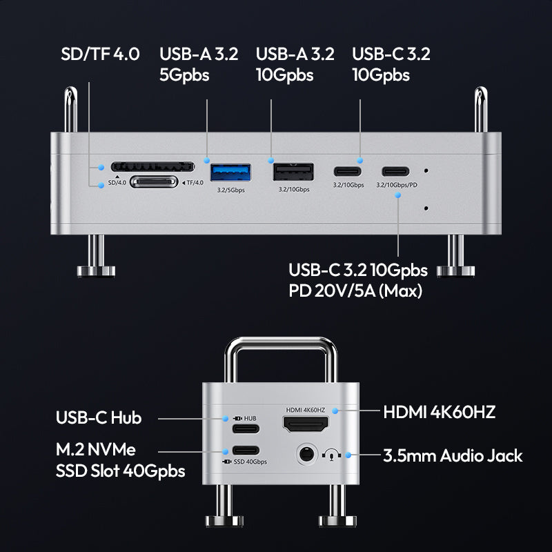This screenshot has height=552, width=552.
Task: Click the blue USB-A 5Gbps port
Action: [230, 172]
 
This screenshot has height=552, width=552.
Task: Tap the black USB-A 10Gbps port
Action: [293, 172]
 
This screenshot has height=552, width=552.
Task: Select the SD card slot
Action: [152, 166]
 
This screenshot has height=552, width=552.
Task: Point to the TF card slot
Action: [154, 182]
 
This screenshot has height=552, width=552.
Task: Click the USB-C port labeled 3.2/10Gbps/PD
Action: [395, 171]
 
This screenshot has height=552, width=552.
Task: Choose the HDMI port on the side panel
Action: [306, 424]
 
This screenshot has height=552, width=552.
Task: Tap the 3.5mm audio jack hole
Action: [306, 454]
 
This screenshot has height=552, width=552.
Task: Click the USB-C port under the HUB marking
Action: [246, 428]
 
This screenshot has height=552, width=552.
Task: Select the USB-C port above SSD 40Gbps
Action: [246, 451]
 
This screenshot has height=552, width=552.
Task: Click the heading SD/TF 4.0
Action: [100, 54]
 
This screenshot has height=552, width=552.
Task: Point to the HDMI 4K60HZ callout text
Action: [440, 412]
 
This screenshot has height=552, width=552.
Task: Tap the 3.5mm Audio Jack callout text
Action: [453, 455]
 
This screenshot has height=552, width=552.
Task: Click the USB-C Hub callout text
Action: [99, 417]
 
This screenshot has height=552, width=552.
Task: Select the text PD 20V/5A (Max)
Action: [355, 291]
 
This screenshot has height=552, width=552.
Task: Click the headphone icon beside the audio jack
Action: [331, 455]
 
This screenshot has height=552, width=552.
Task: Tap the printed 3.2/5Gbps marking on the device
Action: [230, 190]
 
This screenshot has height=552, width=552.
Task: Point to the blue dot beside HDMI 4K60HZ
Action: [335, 411]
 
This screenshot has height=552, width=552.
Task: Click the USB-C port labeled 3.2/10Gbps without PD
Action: [348, 171]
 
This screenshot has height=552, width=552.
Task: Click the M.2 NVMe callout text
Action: [96, 450]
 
